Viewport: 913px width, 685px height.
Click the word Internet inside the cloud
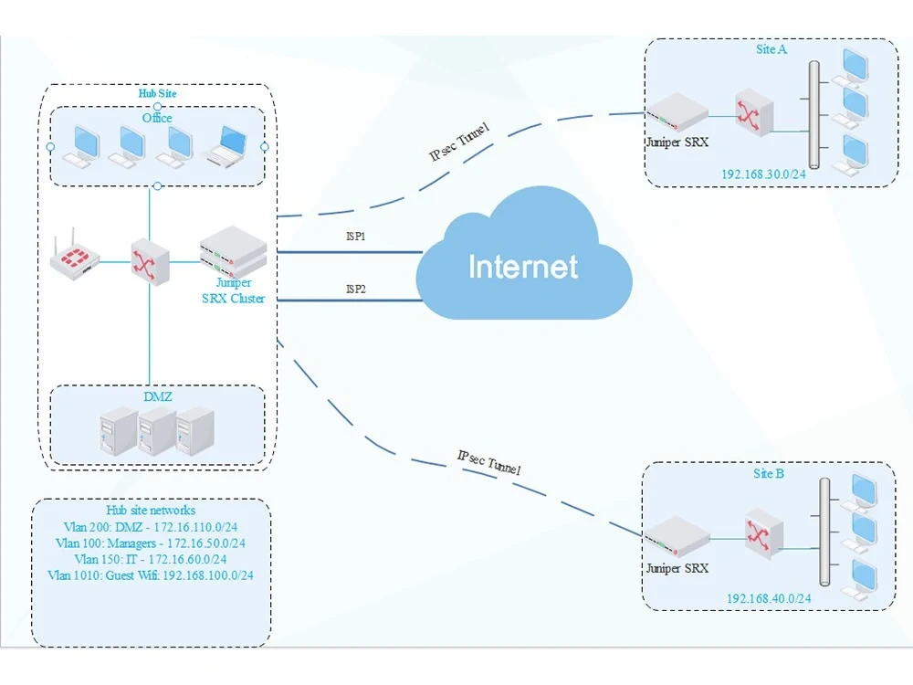pyautogui.click(x=523, y=267)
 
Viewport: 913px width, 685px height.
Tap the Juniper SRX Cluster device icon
pyautogui.click(x=233, y=251)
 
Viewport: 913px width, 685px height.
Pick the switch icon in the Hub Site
pyautogui.click(x=150, y=262)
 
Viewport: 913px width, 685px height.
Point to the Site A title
pyautogui.click(x=771, y=49)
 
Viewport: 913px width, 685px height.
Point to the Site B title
pyautogui.click(x=768, y=474)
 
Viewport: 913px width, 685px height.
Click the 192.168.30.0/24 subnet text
pyautogui.click(x=763, y=174)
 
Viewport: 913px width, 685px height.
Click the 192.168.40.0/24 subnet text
pyautogui.click(x=769, y=598)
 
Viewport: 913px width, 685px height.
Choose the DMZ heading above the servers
pyautogui.click(x=157, y=396)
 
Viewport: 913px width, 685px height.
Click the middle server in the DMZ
pyautogui.click(x=157, y=431)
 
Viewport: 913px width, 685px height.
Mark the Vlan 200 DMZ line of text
pyautogui.click(x=151, y=527)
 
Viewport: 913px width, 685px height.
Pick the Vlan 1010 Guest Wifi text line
pyautogui.click(x=151, y=575)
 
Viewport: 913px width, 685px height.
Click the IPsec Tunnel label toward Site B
pyautogui.click(x=488, y=462)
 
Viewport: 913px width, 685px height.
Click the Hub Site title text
pyautogui.click(x=157, y=93)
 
